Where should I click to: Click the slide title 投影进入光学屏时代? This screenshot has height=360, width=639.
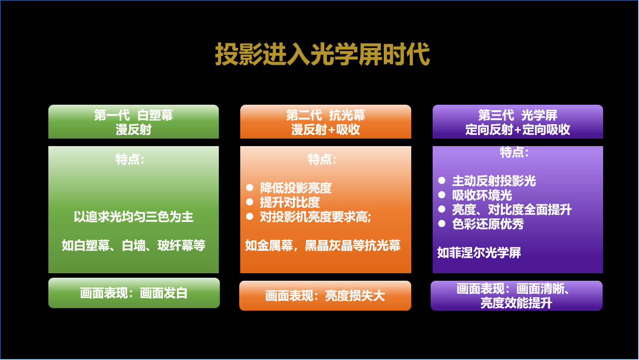coord(322,54)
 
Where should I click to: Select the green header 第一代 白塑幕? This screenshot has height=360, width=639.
coord(134,122)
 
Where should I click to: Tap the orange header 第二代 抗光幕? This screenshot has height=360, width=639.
coord(325,122)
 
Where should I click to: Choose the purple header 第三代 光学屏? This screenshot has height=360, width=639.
coord(517,122)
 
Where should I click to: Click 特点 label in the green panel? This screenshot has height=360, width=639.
coord(130,160)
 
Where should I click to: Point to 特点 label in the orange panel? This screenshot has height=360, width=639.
coord(322,160)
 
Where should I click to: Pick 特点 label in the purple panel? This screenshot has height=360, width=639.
coord(514,152)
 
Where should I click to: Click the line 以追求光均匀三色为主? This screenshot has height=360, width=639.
coord(134,217)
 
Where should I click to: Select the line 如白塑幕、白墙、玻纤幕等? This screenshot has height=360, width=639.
coord(134,245)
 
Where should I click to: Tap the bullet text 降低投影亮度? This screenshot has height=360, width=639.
coord(296,188)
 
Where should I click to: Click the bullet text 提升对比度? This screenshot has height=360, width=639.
coord(290,202)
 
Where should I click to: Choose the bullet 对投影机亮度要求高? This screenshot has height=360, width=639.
coord(316,217)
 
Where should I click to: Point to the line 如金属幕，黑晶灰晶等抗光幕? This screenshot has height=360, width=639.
coord(323,245)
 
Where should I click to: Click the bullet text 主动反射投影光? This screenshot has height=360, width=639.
coord(493,181)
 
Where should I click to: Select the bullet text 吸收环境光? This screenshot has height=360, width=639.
coord(481,195)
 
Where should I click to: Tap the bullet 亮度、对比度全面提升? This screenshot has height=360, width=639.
coord(511,209)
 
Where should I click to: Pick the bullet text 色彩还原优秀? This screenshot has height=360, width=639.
coord(487,224)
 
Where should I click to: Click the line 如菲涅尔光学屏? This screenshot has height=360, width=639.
coord(479,253)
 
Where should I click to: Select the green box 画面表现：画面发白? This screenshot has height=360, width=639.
coord(134,293)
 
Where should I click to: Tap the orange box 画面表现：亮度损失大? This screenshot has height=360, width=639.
coord(325,296)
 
